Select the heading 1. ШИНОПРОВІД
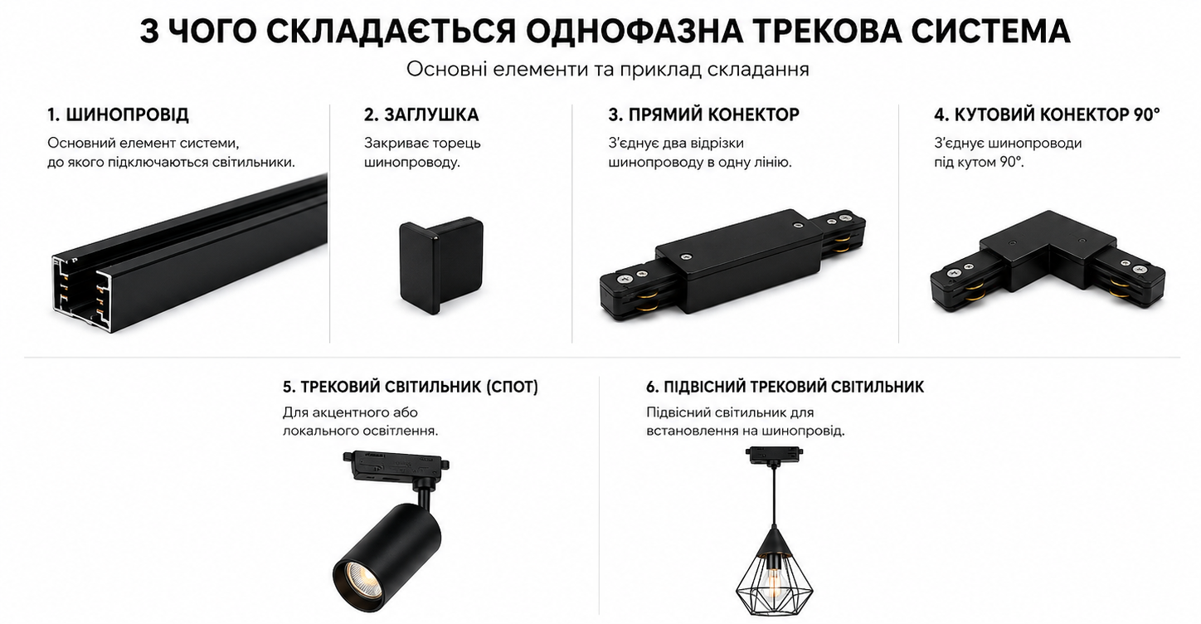(118, 115)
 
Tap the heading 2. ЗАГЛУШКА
(421, 115)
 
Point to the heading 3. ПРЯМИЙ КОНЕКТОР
(704, 115)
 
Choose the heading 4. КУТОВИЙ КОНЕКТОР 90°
(1047, 115)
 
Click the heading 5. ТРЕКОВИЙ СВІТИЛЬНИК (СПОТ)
(411, 387)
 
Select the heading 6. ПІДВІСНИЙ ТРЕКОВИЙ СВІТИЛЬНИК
(785, 387)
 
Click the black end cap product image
(441, 266)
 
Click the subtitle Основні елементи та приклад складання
(607, 70)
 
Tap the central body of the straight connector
(739, 261)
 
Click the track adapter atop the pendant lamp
(773, 456)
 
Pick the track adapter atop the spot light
(396, 466)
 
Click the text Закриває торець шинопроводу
(422, 153)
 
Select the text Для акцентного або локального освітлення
(360, 422)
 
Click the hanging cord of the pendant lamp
(774, 496)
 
